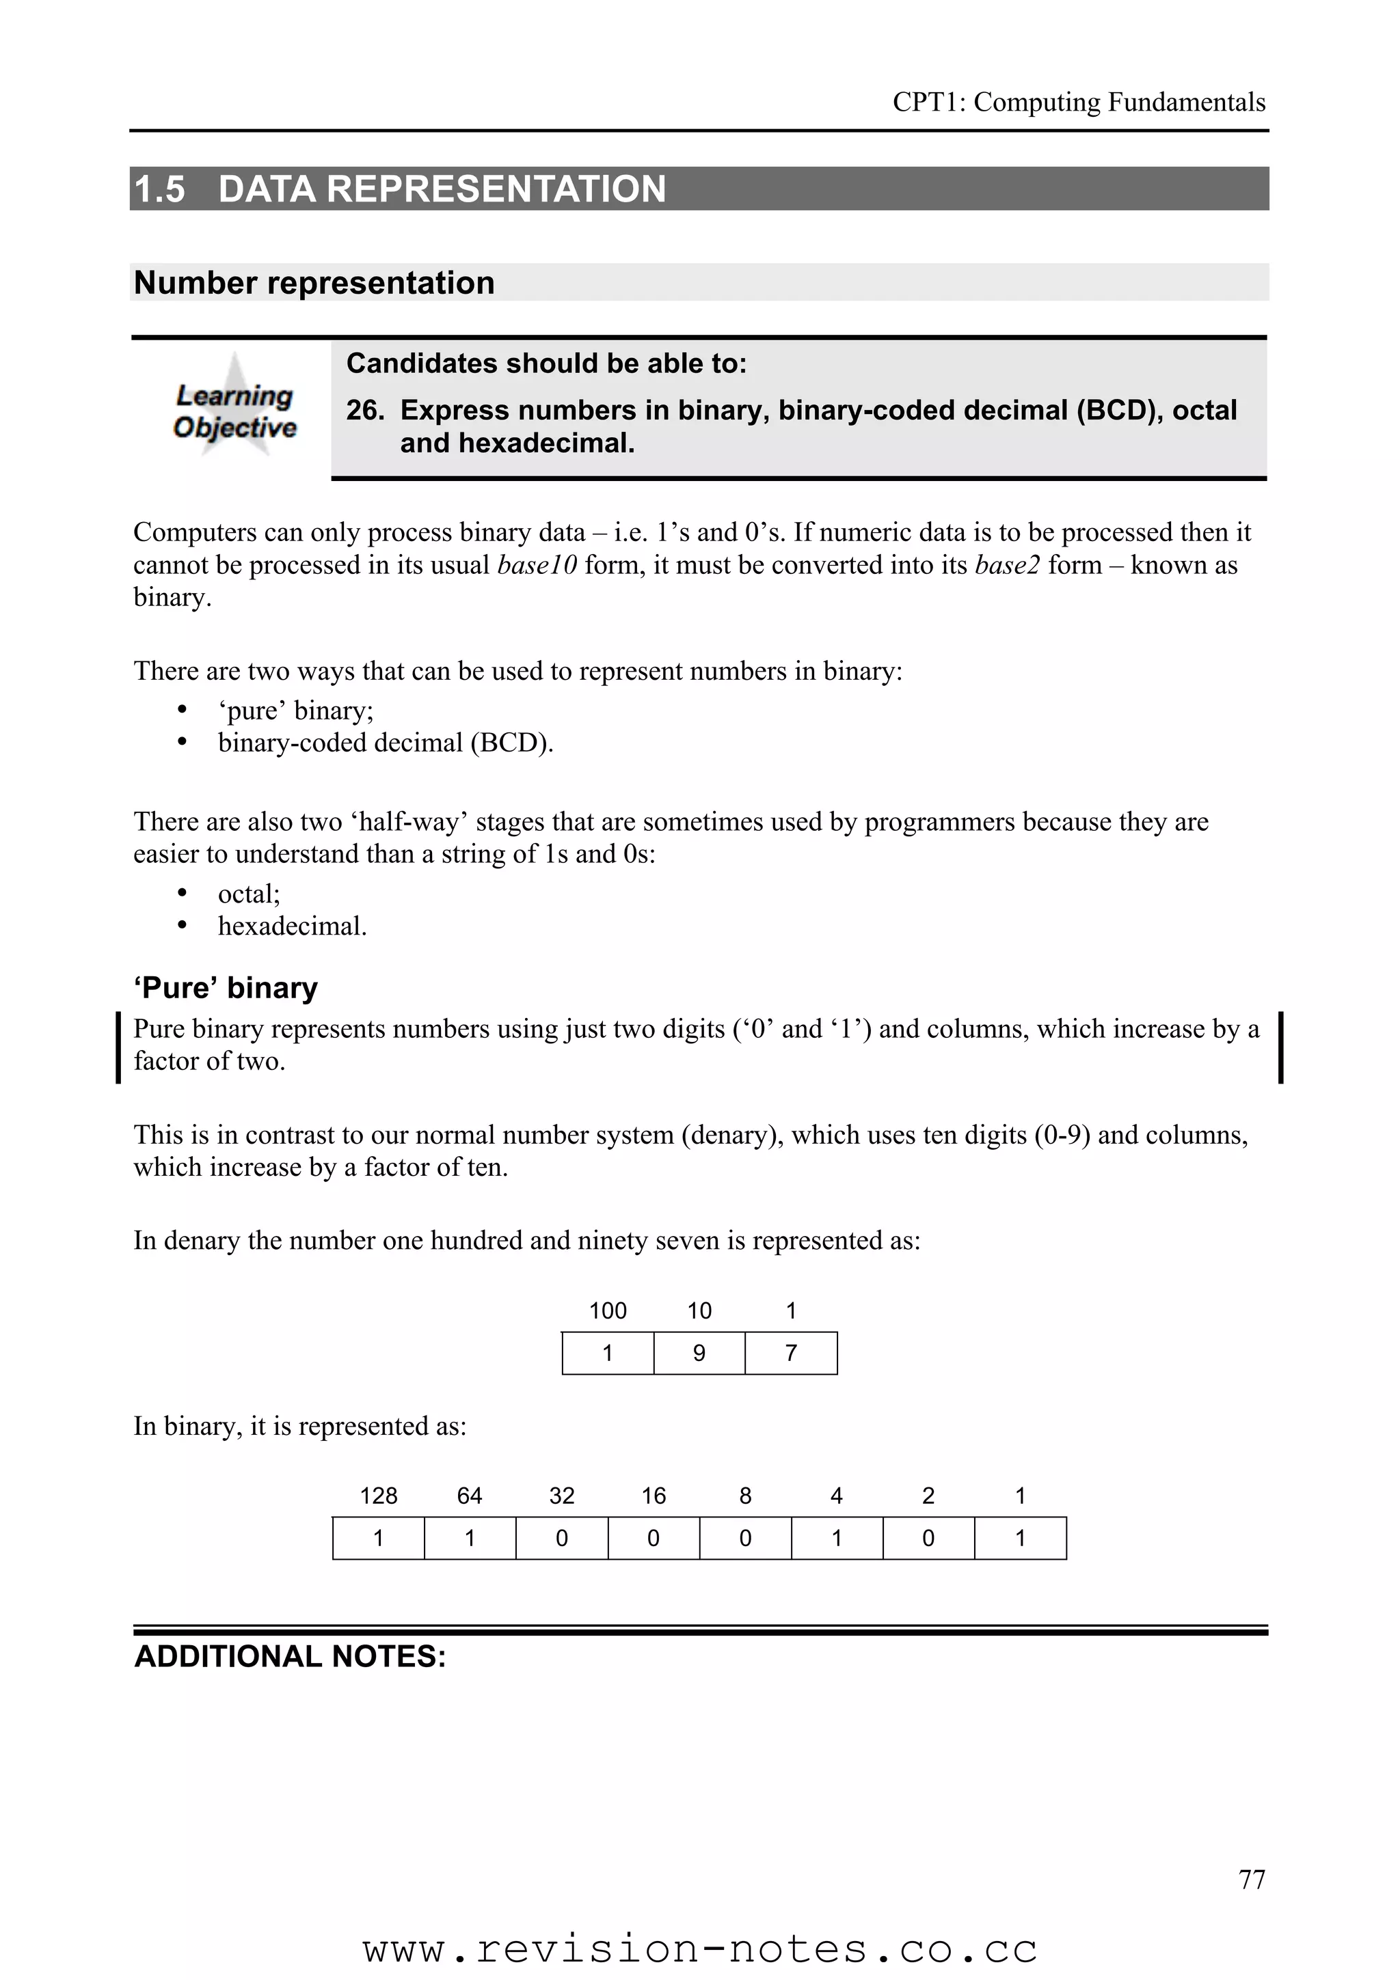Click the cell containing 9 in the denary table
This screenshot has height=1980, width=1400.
(699, 1353)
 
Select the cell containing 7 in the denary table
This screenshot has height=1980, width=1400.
(790, 1353)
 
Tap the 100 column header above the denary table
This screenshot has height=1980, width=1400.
(607, 1311)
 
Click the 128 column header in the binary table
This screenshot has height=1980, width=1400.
(378, 1496)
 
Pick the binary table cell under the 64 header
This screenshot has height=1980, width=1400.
(469, 1537)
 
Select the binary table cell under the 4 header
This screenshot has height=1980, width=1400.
(836, 1537)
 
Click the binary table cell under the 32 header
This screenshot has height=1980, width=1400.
(561, 1537)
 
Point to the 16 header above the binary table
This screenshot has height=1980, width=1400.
(653, 1496)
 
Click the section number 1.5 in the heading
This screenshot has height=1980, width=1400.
(159, 189)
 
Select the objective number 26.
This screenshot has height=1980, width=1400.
(364, 410)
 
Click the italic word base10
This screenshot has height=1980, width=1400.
(537, 565)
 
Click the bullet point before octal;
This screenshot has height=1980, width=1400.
(181, 894)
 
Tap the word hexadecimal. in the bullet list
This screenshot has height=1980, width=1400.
(292, 926)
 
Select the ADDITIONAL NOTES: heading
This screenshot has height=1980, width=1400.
(290, 1657)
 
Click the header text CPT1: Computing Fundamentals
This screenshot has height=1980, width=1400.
(1078, 102)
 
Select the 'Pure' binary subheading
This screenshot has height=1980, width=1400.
(225, 987)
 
